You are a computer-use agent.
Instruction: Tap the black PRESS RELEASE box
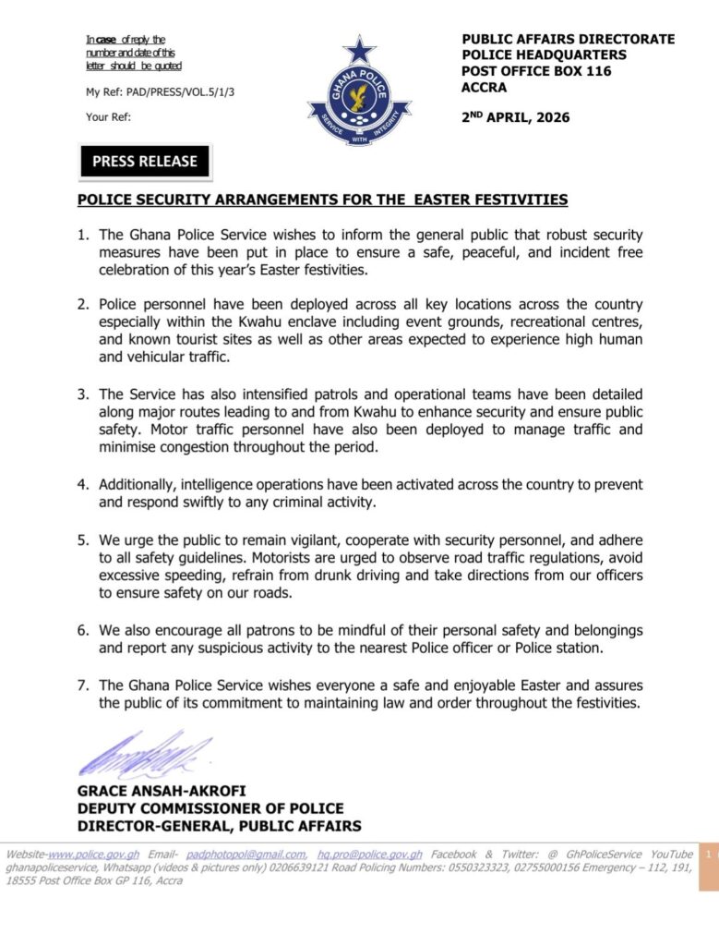pyautogui.click(x=144, y=161)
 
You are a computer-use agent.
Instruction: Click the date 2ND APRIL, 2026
pyautogui.click(x=515, y=117)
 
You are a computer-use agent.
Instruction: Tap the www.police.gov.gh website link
pyautogui.click(x=88, y=855)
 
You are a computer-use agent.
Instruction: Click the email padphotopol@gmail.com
pyautogui.click(x=246, y=855)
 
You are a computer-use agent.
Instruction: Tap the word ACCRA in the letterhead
pyautogui.click(x=483, y=87)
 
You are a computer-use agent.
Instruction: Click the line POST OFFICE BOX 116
pyautogui.click(x=536, y=71)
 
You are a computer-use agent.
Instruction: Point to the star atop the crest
pyautogui.click(x=358, y=48)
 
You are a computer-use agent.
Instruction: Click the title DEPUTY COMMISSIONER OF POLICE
pyautogui.click(x=210, y=808)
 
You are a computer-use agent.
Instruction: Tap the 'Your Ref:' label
pyautogui.click(x=108, y=116)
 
